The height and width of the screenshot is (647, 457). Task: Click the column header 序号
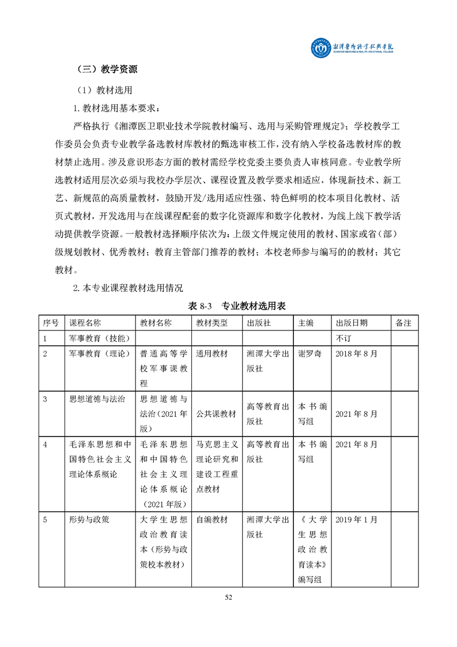tap(51, 323)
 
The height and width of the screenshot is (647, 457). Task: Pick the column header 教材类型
tap(212, 323)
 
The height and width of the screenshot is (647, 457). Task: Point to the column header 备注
tap(404, 323)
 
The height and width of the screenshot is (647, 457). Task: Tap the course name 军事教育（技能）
tap(99, 338)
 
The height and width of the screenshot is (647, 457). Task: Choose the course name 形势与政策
tap(89, 520)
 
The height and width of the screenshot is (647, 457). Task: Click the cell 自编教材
tap(212, 520)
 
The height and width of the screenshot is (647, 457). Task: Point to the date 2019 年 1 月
tap(356, 520)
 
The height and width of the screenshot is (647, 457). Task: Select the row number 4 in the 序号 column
tap(45, 444)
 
